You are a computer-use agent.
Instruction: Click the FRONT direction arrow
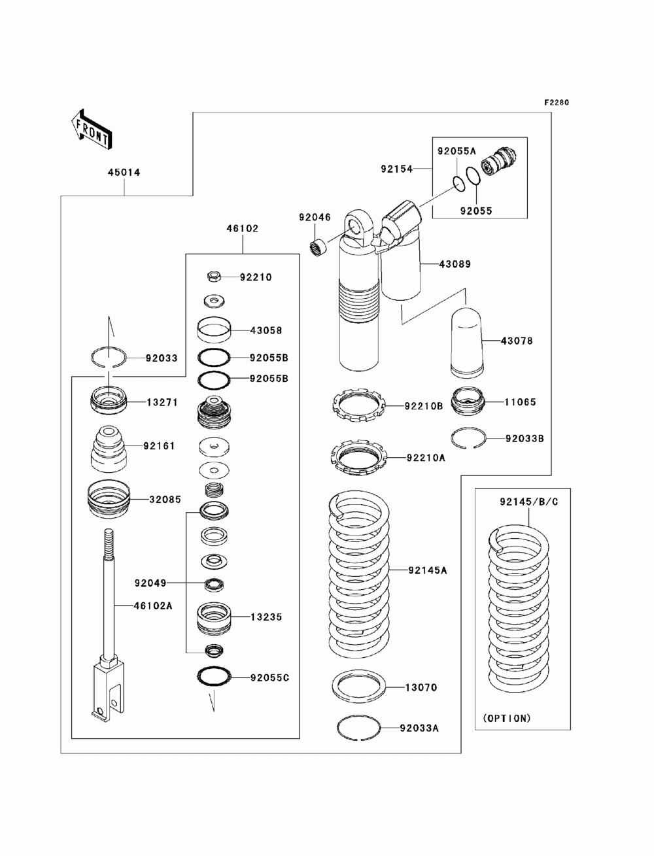coord(92,129)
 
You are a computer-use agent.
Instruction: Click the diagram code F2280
coord(557,103)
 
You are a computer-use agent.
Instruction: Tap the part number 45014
coord(124,172)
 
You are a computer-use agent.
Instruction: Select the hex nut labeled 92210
coord(214,277)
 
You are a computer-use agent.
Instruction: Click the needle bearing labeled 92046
coord(318,248)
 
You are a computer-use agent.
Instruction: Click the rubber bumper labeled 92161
coord(109,448)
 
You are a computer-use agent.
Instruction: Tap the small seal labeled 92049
coord(214,584)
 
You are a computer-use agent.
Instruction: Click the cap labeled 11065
coord(468,402)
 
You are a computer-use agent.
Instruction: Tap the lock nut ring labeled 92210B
coord(358,405)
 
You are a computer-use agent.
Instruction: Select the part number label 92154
coord(396,169)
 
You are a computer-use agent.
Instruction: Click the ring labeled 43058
coord(214,330)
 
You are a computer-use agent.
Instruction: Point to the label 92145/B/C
coord(529,502)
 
